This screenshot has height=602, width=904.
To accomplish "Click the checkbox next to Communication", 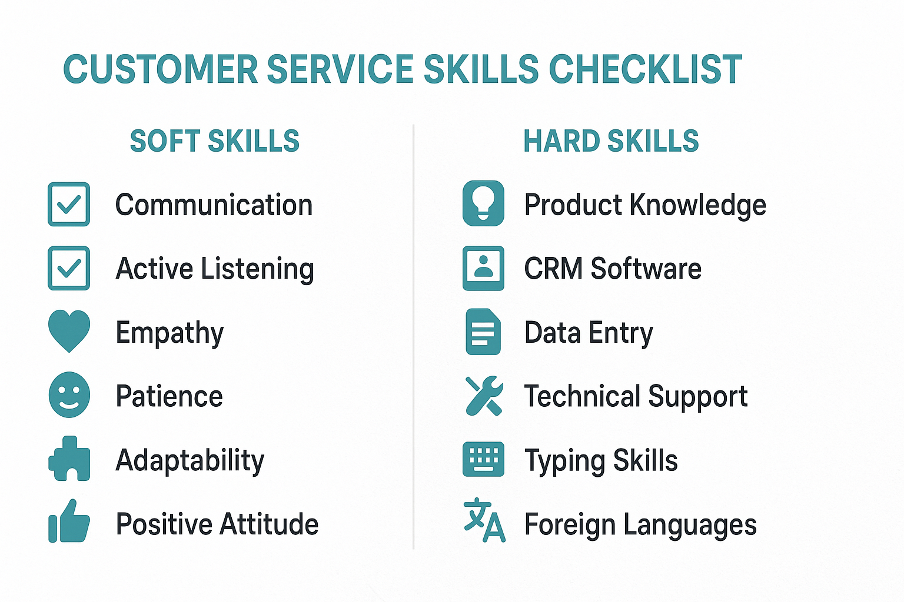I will coord(69,205).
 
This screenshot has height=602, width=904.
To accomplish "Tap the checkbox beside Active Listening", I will coord(69,268).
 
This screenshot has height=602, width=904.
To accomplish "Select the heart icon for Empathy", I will coord(69,330).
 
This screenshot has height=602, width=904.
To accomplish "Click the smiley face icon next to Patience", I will coord(69,394).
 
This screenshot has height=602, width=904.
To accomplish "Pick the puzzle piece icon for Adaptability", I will coord(69,459).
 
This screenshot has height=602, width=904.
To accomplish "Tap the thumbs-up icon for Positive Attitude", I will coord(69,521).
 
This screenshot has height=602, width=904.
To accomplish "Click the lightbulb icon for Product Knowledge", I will coord(483,203).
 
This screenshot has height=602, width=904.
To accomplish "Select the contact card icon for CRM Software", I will coord(483,268).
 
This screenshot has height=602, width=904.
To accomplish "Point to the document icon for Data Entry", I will coord(483,332).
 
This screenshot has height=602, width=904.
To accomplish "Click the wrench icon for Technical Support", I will coord(483,396).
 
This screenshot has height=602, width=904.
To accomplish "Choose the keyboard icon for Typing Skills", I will coord(483,459).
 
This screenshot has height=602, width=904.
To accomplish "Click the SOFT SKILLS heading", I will coord(214,141).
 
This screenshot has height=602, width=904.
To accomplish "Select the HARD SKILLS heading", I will coord(611,141).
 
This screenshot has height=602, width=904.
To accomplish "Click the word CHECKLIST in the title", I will coord(645,69).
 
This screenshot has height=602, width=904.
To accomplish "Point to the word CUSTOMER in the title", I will coord(160,69).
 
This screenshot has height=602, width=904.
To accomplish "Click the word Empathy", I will coord(169,333).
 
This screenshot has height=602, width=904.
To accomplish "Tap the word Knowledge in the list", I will coord(698,206).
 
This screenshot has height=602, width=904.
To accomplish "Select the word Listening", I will coord(257,269).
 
